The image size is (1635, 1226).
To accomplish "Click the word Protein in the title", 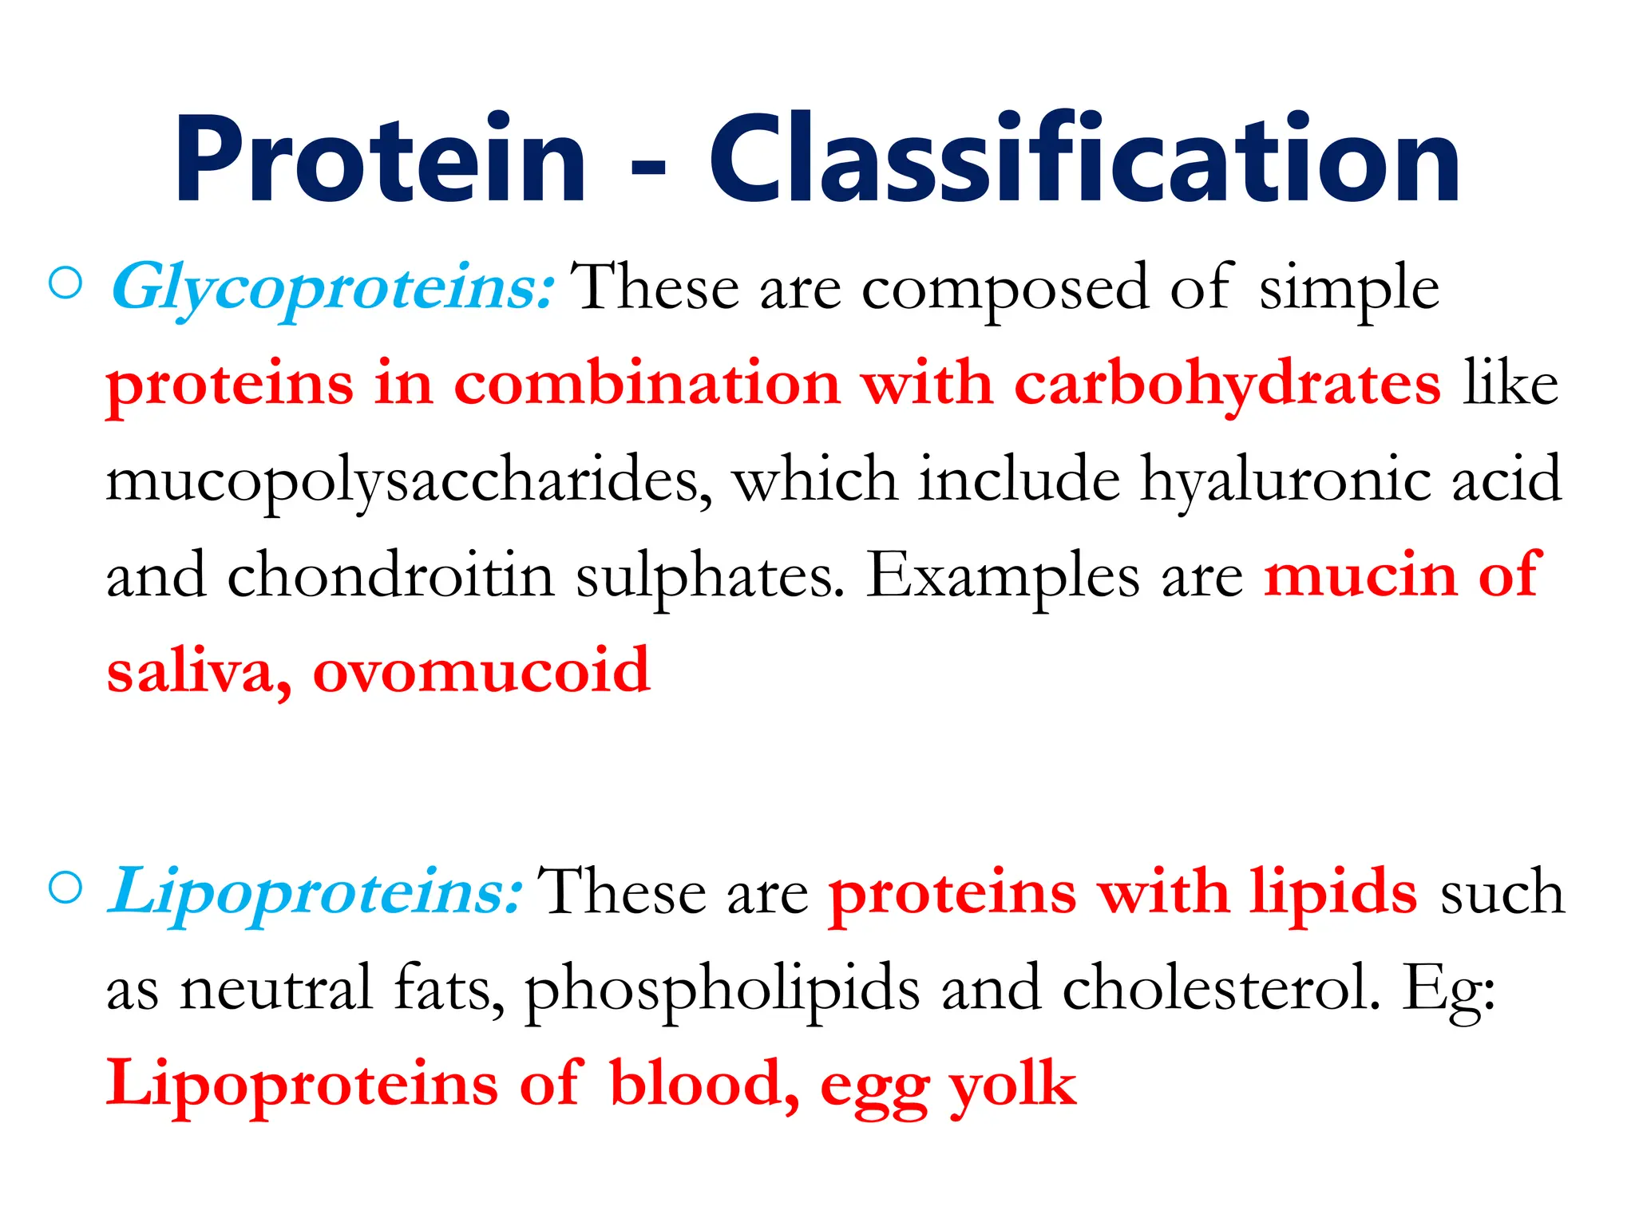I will (380, 160).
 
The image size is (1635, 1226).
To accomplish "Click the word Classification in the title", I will (1084, 160).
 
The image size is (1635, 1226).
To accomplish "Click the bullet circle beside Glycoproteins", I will (65, 283).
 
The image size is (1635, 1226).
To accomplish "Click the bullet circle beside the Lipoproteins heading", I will (65, 888).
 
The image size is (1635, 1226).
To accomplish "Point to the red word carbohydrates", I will (1227, 385).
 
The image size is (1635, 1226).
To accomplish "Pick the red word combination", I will (647, 385).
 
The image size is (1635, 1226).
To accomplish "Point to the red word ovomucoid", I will (481, 671).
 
